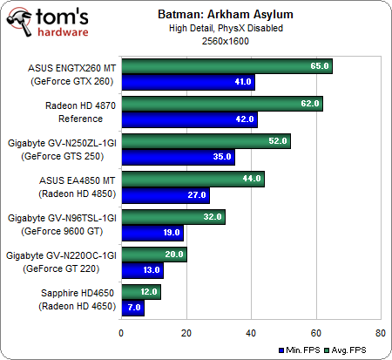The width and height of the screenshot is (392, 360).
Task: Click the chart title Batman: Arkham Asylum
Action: tap(226, 15)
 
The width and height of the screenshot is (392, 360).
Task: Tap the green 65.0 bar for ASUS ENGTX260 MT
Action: tap(227, 66)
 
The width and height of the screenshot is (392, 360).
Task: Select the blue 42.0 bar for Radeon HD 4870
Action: tap(190, 119)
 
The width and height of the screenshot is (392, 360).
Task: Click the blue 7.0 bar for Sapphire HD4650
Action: tap(133, 308)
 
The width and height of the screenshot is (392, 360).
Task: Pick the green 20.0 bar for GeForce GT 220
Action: tap(154, 255)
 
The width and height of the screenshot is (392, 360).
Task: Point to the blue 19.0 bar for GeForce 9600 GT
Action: tap(152, 233)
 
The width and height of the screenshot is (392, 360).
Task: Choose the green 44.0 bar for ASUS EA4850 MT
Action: tap(193, 179)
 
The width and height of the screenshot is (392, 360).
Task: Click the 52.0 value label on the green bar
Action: tap(278, 141)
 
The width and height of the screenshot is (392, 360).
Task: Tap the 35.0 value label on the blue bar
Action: tap(222, 157)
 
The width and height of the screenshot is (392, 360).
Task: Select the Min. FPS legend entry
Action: tap(299, 350)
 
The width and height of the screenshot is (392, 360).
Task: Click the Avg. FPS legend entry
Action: tap(345, 350)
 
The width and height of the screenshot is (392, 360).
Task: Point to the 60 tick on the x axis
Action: tap(316, 333)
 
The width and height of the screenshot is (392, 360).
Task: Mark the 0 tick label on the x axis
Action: tap(121, 333)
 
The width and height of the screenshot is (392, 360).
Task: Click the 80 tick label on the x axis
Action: tap(381, 333)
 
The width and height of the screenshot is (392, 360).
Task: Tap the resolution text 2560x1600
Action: tap(226, 41)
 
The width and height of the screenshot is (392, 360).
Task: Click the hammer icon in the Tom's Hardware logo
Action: tap(20, 22)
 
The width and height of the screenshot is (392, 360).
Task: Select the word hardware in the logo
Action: tap(63, 31)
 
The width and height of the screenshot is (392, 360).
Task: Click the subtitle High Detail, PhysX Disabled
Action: tap(226, 28)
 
